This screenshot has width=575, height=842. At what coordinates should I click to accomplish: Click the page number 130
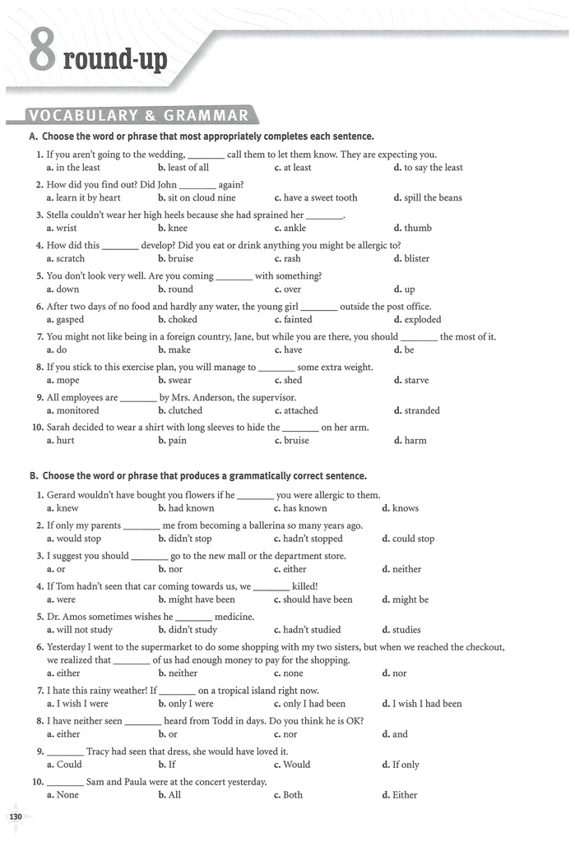click(x=16, y=817)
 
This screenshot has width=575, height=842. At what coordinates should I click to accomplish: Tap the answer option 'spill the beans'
click(x=433, y=198)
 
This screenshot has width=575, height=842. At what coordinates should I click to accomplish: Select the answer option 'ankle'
click(x=294, y=229)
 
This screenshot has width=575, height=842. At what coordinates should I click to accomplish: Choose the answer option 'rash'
click(x=292, y=259)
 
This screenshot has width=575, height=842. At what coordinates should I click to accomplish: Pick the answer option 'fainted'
click(x=298, y=320)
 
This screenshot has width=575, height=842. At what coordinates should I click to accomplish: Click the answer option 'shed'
click(x=293, y=381)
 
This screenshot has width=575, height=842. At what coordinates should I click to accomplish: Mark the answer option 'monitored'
click(x=77, y=411)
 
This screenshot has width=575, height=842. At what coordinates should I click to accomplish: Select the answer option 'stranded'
click(x=422, y=411)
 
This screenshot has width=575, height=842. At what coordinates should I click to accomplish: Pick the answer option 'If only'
click(x=406, y=765)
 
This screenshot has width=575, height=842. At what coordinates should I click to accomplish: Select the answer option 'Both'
click(x=293, y=795)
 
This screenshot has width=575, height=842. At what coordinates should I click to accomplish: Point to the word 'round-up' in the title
click(x=115, y=59)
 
